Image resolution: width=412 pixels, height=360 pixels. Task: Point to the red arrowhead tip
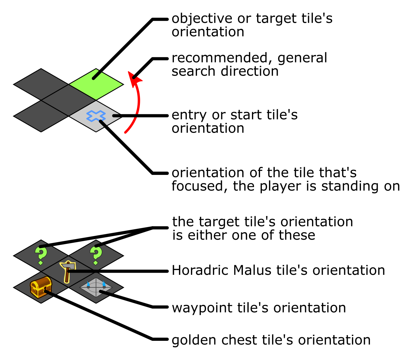[128, 71]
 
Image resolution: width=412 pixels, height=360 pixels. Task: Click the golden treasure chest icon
[41, 287]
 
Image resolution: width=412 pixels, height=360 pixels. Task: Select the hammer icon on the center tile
[68, 272]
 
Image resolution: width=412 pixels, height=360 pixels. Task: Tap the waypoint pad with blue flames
[96, 287]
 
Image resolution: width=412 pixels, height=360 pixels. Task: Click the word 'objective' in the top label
[202, 19]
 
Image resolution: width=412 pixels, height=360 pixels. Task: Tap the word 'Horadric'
[200, 270]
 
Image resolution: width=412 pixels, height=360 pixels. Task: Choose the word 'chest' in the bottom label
[239, 340]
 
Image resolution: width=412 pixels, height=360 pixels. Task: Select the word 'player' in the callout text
[280, 186]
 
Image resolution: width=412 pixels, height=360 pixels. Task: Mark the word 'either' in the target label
[208, 235]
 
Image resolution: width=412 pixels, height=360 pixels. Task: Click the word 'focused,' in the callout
[200, 186]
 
